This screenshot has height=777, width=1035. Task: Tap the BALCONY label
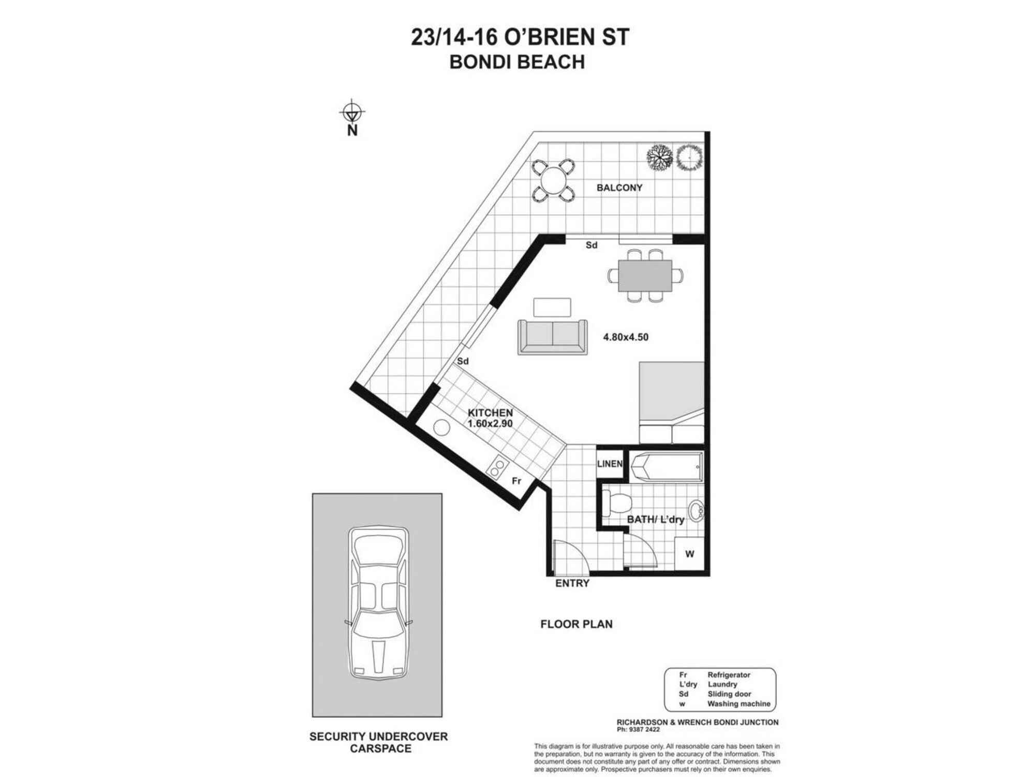[619, 188]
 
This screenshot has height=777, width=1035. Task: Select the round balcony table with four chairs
[553, 180]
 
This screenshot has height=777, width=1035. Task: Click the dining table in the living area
[645, 275]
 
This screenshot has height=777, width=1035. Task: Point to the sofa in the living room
[552, 337]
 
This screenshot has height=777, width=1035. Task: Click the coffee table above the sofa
[552, 307]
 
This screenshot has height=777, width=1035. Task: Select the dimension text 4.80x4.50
[625, 337]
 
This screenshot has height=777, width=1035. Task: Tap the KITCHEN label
[490, 413]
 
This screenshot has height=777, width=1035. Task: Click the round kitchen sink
[442, 428]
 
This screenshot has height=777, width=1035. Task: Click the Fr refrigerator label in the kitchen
[516, 481]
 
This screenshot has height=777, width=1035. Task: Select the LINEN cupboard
[610, 464]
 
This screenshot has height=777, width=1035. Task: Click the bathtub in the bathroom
[667, 466]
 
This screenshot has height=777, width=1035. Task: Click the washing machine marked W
[689, 554]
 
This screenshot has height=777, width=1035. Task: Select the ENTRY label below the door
[572, 583]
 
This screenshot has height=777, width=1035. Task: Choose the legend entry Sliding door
[729, 694]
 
